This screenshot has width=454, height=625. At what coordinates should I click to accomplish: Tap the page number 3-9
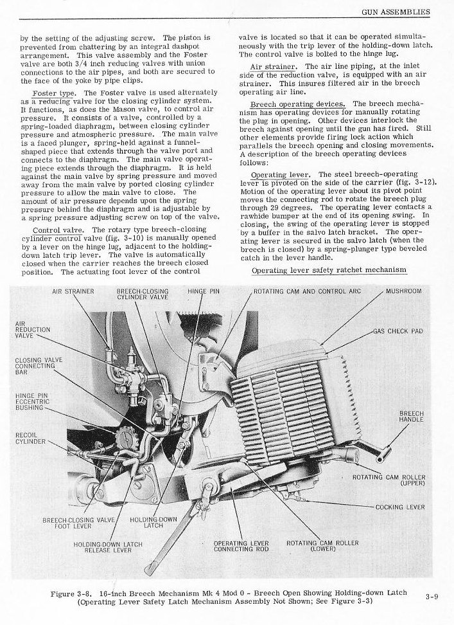click(432, 596)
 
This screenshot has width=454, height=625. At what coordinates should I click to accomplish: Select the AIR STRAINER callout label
click(73, 291)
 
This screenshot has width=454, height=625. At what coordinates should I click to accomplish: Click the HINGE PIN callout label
click(204, 291)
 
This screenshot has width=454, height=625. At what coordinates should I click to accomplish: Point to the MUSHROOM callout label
click(403, 291)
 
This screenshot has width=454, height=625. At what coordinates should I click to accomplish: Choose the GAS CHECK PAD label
click(399, 331)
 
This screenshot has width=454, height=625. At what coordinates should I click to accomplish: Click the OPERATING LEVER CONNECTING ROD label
click(241, 546)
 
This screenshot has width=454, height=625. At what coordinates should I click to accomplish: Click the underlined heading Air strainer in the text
click(277, 66)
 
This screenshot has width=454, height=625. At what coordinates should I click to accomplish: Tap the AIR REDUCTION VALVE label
click(32, 329)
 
